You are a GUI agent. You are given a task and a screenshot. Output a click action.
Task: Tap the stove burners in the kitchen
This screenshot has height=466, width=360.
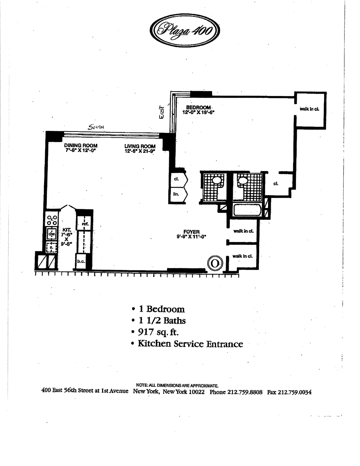point(52,220)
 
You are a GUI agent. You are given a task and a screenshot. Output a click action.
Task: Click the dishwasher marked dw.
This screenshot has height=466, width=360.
point(52,234)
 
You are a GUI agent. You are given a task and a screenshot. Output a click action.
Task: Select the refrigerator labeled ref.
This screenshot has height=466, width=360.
point(85,224)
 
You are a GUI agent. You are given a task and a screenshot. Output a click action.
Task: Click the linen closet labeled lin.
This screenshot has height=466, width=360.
point(175,195)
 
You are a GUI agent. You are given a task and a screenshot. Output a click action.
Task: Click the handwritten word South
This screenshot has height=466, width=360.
point(96,127)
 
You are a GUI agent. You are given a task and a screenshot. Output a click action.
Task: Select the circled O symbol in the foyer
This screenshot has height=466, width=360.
point(214,263)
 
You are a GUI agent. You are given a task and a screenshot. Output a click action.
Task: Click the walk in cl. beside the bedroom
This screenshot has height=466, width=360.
point(309,109)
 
